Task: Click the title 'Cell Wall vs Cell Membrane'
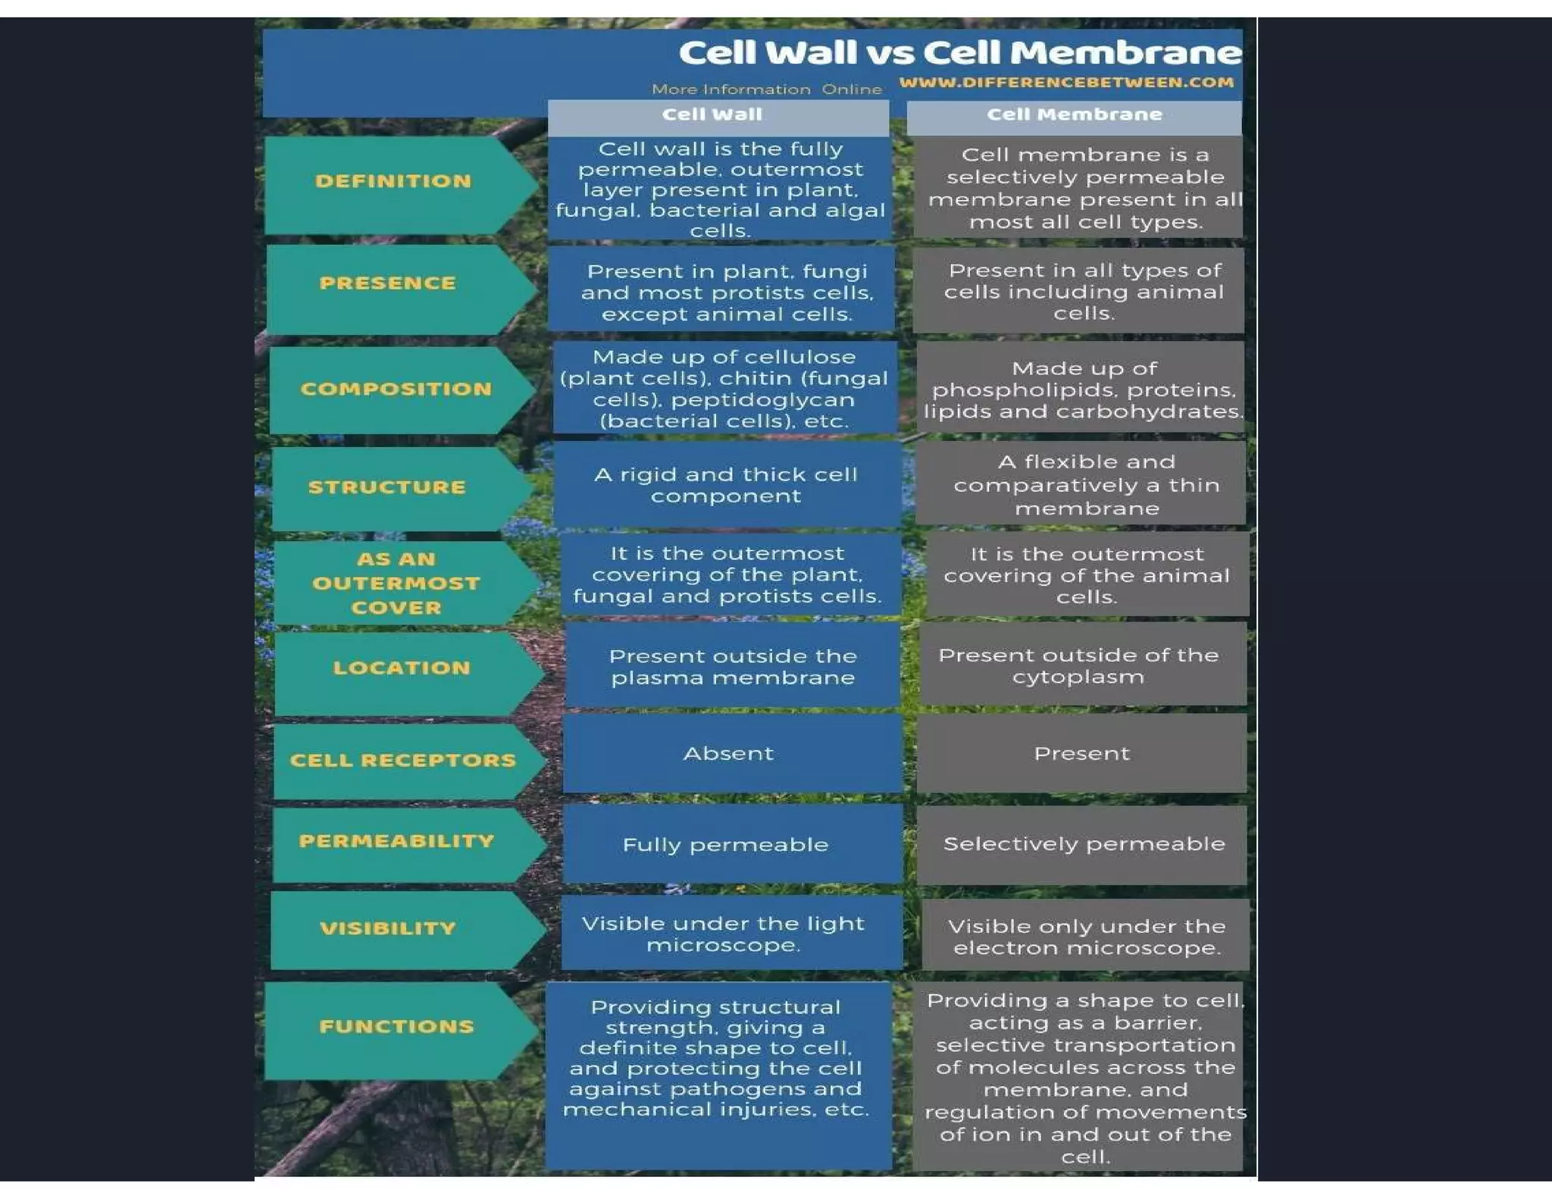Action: click(959, 53)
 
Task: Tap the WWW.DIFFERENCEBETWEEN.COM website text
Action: click(1066, 82)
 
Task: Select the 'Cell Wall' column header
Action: click(712, 114)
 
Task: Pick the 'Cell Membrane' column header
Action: click(1074, 114)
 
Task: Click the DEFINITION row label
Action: click(393, 181)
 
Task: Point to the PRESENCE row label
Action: click(388, 283)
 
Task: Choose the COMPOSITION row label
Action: click(396, 389)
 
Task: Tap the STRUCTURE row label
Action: click(386, 487)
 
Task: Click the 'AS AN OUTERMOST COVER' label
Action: click(396, 583)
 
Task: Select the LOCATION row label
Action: click(402, 668)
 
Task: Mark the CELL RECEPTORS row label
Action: click(402, 760)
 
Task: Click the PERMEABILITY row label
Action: click(396, 841)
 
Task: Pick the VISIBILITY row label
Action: click(388, 928)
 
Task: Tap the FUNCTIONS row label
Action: click(396, 1027)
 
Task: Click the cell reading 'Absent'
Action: click(728, 753)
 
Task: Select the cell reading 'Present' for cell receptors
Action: click(1081, 753)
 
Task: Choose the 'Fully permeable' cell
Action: click(725, 845)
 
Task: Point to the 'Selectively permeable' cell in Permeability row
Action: click(1084, 844)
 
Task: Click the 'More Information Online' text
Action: click(766, 89)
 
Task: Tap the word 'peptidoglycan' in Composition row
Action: click(762, 400)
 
